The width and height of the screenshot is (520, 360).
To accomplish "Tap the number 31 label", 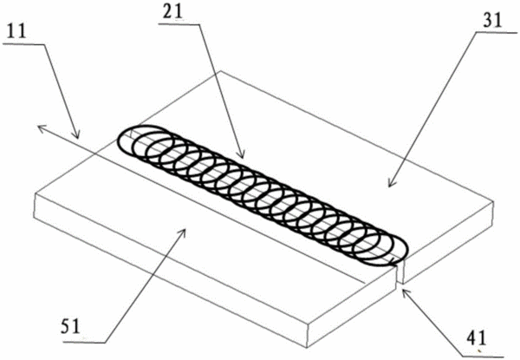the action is click(492, 20).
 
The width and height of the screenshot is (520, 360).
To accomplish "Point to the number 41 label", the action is click(476, 338).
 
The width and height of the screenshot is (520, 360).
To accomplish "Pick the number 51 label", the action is click(70, 326).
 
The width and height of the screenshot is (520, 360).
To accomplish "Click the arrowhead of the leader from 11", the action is click(77, 134).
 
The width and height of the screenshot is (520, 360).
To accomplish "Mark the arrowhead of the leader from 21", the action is click(242, 154).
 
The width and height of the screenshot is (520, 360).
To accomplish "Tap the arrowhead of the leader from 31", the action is click(392, 183).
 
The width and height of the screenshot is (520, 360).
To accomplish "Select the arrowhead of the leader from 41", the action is click(406, 292).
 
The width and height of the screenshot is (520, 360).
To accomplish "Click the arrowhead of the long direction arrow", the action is click(41, 128).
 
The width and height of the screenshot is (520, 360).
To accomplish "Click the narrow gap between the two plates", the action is click(400, 272).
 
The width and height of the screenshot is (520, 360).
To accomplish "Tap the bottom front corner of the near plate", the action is click(307, 347).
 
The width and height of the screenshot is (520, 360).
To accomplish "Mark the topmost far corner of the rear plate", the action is click(220, 71).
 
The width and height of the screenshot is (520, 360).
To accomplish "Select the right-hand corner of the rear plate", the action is click(493, 201).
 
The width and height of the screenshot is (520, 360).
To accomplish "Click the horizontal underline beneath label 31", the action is click(497, 33).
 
